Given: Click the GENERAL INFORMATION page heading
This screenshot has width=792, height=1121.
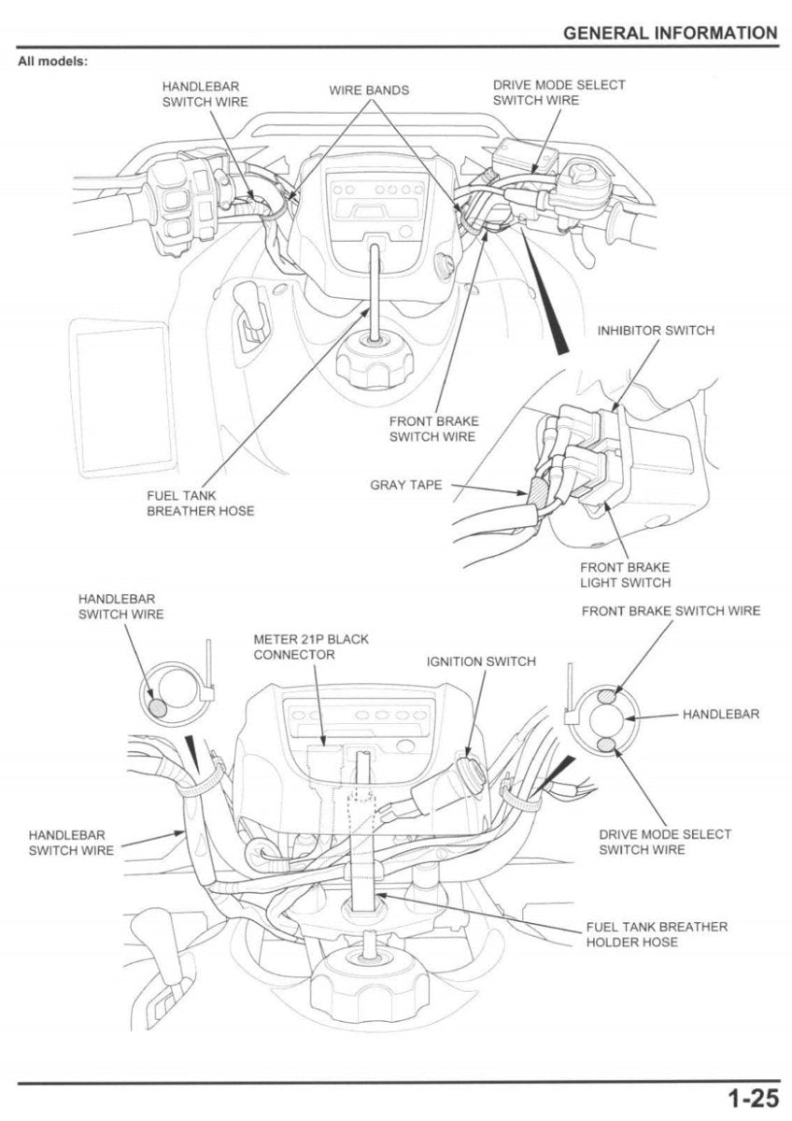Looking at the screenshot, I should point(670,34).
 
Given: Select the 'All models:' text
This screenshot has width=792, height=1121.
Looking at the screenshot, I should point(52,62).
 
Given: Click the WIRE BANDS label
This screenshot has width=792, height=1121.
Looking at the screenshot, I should point(368,91).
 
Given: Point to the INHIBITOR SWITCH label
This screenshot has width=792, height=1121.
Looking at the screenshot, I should point(656,331).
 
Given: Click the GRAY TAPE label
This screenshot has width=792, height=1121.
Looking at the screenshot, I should point(406,485).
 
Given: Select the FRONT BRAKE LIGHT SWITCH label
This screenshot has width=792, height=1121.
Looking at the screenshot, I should point(625,575).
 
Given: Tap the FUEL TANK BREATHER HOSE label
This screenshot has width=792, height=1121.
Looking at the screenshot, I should point(200,504).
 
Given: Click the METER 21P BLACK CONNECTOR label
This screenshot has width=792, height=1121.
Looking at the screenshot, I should point(311,646).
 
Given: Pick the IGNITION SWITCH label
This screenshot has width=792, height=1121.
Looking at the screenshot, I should point(481,661).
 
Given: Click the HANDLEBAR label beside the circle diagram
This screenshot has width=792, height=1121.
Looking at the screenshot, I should point(720,714).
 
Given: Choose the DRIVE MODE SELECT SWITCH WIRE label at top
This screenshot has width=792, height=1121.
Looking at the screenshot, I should point(559,92).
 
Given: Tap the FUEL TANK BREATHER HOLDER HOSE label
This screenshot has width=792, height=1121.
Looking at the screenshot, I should point(657,934).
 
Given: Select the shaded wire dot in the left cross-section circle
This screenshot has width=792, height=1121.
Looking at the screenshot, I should point(159,707).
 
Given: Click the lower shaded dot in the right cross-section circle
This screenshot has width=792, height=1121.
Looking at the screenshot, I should point(607,744).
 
